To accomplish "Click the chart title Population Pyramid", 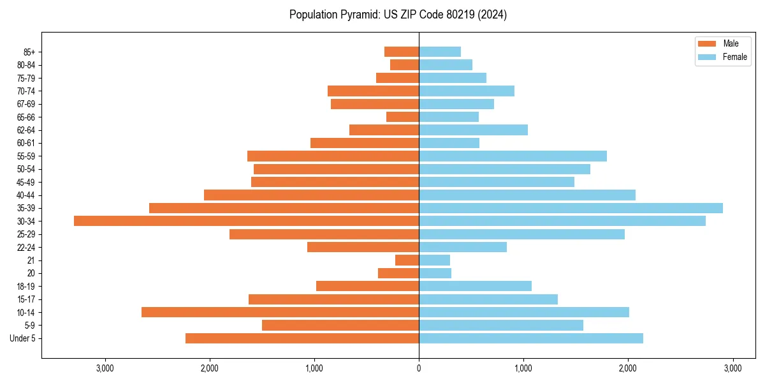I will pos(398,15).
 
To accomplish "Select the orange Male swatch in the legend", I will pos(707,43).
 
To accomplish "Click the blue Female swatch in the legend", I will pos(707,57).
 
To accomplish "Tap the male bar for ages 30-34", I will pos(246,221).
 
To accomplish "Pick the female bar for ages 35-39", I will pos(571,208).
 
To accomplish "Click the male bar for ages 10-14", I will pos(280,312).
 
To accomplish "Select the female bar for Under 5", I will pos(531,338).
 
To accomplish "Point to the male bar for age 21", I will pos(407,260).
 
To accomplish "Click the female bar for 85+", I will pos(439,52).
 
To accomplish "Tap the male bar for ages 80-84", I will pos(404,65).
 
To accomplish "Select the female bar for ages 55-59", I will pos(513,156).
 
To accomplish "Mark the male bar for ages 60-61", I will pos(364,143).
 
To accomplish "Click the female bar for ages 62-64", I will pos(473,130).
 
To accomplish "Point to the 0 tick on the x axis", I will pos(419,368).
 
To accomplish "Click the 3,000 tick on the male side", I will pos(105,368).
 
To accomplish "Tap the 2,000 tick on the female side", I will pos(628,368).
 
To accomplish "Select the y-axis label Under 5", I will pos(23,338).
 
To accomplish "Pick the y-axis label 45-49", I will pos(25,183).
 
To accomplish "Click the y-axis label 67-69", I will pos(25,104).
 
